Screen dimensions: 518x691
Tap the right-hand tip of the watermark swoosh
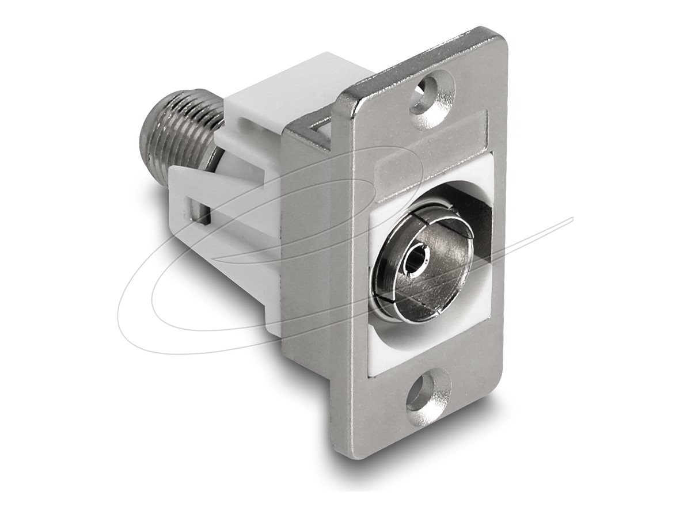pos(571,219)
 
